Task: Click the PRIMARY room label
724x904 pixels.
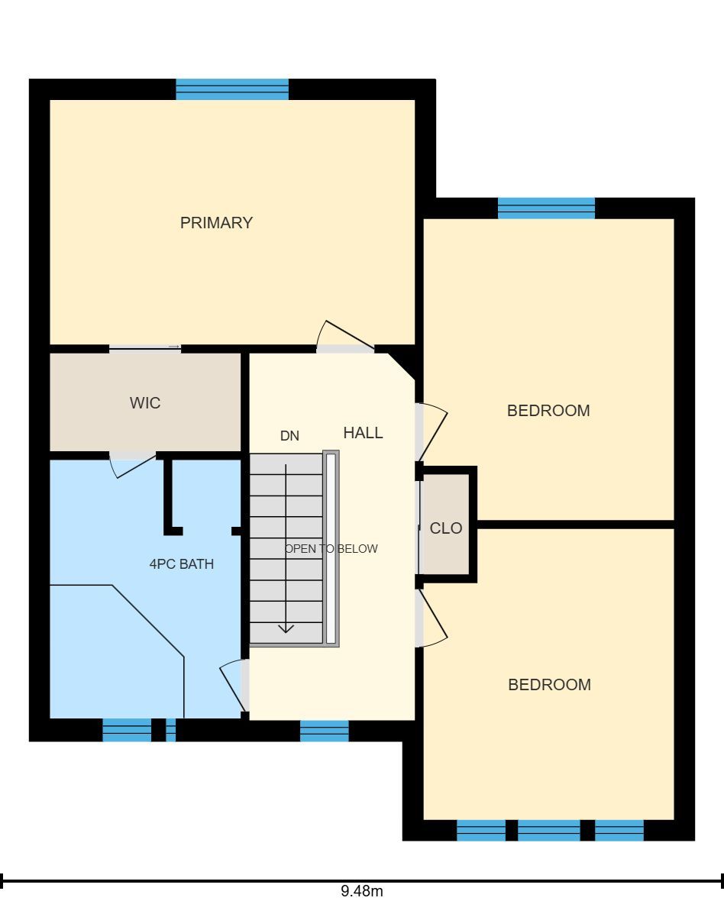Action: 216,222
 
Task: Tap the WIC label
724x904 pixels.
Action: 145,402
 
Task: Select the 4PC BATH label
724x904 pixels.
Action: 182,563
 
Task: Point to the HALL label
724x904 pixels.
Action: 363,432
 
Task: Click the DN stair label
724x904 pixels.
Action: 289,436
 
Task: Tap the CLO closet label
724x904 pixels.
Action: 446,528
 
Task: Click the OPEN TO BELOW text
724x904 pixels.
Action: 331,549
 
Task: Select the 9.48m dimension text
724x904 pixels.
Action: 362,891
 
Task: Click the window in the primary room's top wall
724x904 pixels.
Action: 232,89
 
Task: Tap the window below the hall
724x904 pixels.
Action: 325,731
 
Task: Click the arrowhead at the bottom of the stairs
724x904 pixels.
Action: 286,628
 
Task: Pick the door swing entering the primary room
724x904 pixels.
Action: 345,335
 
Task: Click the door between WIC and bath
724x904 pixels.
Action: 133,466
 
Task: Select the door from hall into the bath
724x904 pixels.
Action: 234,686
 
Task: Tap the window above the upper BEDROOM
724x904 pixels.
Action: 546,208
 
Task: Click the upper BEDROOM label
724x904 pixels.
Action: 548,411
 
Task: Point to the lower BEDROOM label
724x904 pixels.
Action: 549,684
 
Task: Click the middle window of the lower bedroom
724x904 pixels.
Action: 548,830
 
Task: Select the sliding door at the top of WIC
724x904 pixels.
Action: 145,347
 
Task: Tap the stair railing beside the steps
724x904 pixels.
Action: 331,548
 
